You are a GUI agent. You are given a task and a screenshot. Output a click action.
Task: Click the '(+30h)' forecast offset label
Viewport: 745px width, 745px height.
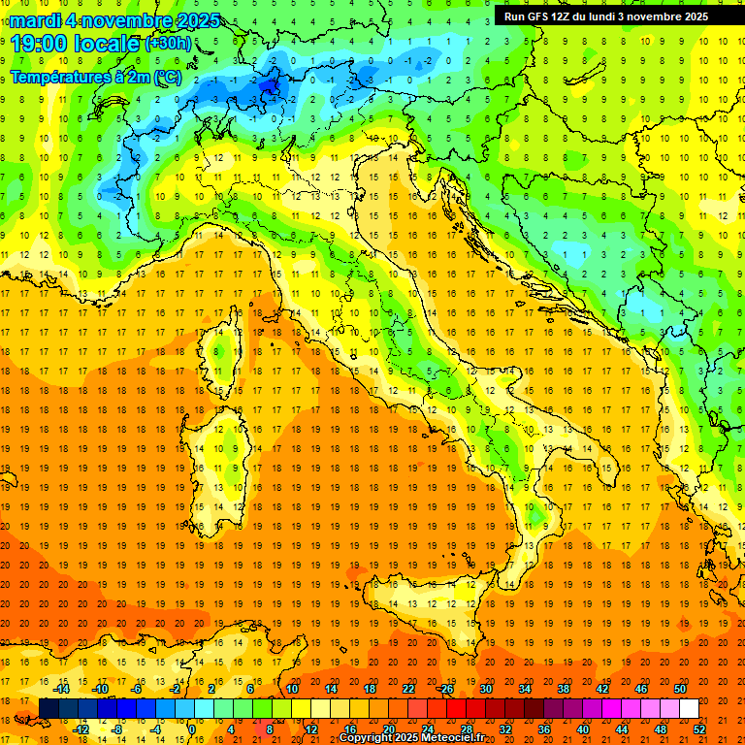[x=169, y=44]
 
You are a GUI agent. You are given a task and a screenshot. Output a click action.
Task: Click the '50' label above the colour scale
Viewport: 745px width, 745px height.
[x=680, y=689]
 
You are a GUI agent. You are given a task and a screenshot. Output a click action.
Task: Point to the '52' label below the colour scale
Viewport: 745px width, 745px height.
[x=699, y=729]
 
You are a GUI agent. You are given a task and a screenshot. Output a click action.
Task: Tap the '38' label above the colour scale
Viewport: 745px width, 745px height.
[x=564, y=689]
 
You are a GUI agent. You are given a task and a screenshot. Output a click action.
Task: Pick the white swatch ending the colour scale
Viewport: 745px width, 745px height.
[x=689, y=709]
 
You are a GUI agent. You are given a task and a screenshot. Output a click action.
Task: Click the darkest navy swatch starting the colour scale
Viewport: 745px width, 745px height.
[x=49, y=709]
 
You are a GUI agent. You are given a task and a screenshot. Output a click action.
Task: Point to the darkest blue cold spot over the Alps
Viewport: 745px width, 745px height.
[x=270, y=87]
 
